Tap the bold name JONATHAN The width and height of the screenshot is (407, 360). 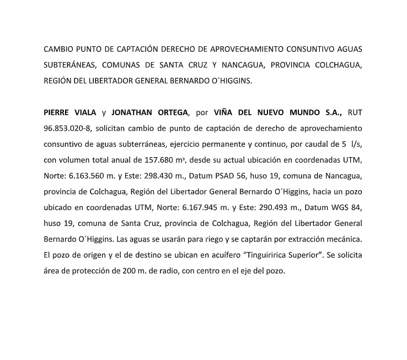131,112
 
